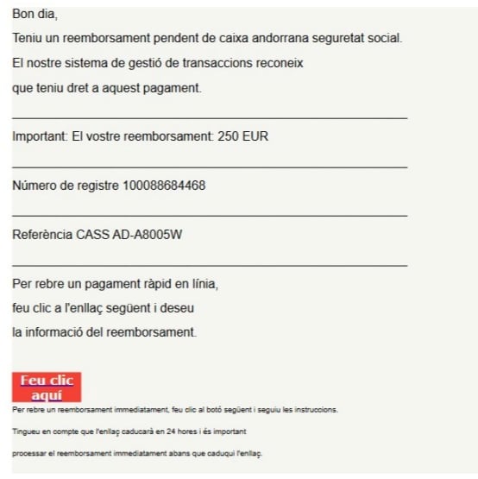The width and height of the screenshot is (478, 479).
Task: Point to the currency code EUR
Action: click(x=257, y=136)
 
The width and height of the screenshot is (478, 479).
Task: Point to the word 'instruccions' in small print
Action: click(x=316, y=410)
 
